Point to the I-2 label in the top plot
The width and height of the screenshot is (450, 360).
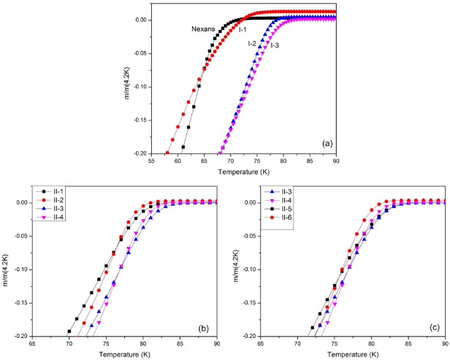253,44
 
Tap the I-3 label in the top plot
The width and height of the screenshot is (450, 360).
275,45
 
